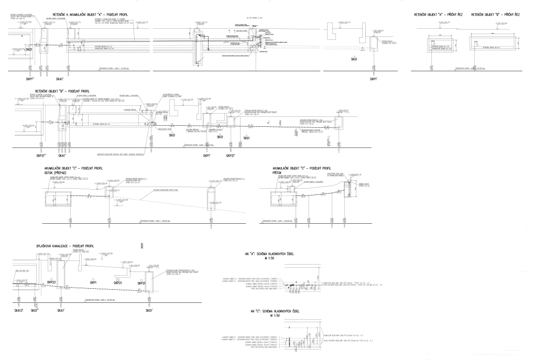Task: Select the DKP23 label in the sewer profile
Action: [x=51, y=282]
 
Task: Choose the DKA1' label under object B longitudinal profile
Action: [x=62, y=156]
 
